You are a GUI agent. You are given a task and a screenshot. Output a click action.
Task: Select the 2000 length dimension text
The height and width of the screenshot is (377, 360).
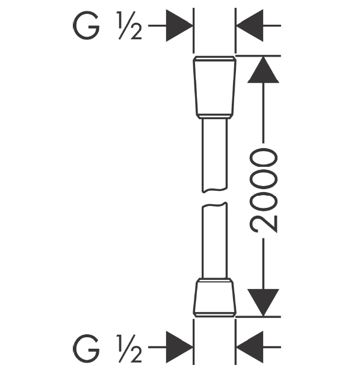click(264, 191)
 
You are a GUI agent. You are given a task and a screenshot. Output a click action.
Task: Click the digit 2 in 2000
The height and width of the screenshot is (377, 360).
click(264, 224)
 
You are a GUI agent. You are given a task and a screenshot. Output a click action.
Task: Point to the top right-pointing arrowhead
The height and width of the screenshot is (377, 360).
click(179, 25)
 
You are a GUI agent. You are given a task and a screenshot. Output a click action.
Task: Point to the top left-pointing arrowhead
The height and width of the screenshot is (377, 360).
click(250, 25)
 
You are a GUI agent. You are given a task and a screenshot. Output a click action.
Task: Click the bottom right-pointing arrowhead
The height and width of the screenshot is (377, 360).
click(179, 347)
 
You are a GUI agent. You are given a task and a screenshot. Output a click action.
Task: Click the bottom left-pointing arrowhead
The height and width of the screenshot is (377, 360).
click(250, 347)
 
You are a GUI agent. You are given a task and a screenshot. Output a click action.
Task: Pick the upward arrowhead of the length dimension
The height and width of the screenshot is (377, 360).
click(264, 70)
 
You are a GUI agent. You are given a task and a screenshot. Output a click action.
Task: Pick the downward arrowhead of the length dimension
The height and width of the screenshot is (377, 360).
click(264, 302)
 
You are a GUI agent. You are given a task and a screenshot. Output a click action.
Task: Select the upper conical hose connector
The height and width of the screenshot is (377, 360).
click(214, 87)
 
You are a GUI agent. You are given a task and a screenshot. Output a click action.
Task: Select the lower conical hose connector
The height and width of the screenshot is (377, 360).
click(214, 298)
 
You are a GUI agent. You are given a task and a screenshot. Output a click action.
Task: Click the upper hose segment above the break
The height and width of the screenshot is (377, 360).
click(214, 155)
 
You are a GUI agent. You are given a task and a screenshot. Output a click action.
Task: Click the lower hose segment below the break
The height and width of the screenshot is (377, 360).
click(214, 240)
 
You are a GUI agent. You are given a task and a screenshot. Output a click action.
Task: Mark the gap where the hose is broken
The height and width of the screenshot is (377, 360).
click(214, 198)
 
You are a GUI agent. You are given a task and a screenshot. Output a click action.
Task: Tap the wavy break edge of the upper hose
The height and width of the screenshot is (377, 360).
click(214, 190)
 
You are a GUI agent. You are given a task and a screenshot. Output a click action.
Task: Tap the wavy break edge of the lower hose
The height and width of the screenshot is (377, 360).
click(214, 205)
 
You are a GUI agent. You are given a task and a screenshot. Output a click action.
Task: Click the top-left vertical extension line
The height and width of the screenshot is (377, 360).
click(193, 31)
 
